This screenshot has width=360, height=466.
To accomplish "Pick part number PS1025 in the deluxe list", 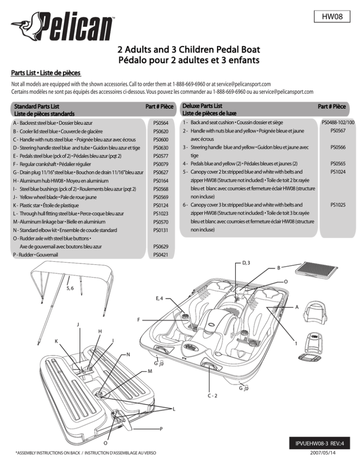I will click(x=337, y=205).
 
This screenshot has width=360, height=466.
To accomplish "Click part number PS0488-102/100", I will click(x=337, y=122).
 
